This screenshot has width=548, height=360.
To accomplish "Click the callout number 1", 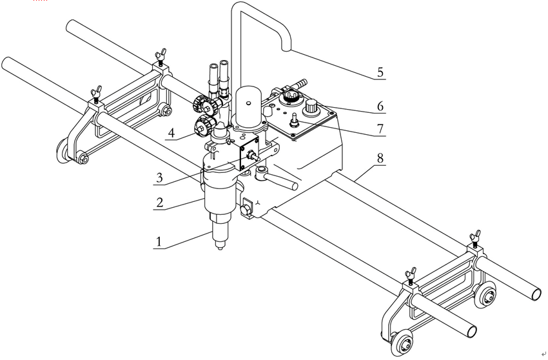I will [x=158, y=242].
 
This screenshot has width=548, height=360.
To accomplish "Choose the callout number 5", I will [x=381, y=72].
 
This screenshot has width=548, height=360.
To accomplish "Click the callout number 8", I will [x=381, y=156].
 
